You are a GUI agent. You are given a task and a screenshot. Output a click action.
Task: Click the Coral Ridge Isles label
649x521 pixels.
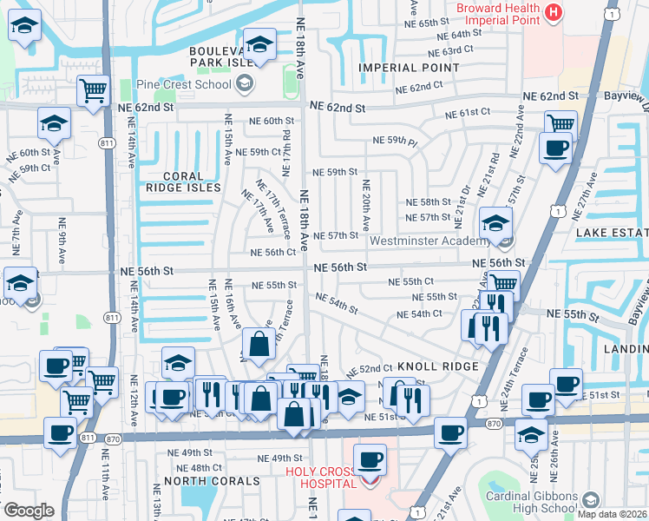[182, 181]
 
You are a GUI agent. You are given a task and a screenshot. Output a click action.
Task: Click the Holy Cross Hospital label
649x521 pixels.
[320, 478]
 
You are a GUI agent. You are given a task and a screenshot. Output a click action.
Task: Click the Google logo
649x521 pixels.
[29, 511]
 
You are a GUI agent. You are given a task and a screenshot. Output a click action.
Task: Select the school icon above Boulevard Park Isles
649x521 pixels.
[259, 43]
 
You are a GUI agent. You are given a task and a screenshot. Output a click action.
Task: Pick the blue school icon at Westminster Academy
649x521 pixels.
[495, 225]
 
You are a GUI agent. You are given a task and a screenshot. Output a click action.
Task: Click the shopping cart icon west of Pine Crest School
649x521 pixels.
[92, 89]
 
